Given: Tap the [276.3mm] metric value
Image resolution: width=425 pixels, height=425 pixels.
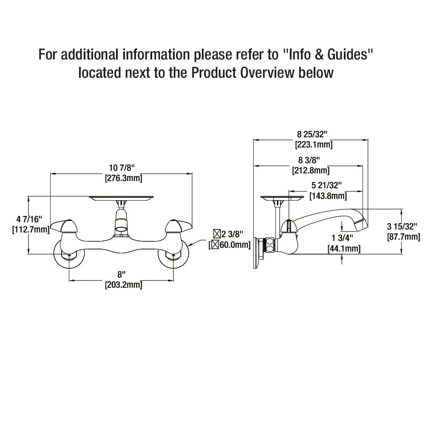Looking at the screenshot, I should [x=123, y=178].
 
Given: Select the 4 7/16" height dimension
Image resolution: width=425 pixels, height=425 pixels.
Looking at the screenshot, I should [x=30, y=219].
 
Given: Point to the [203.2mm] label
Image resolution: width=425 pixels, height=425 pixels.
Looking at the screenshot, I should [x=123, y=285].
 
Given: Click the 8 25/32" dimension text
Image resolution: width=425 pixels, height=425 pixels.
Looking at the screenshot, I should [x=313, y=135].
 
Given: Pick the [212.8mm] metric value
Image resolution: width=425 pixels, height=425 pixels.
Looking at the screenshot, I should [x=311, y=170].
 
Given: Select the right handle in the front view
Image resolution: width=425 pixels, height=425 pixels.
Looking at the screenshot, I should [x=178, y=226].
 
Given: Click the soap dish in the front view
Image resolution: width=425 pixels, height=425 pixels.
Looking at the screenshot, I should [x=121, y=198].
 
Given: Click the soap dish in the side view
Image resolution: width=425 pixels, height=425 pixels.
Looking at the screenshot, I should [x=282, y=198].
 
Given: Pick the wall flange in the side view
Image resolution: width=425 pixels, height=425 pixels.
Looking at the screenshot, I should [x=257, y=252].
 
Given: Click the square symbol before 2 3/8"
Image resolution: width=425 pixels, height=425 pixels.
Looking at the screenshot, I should [x=217, y=233].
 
